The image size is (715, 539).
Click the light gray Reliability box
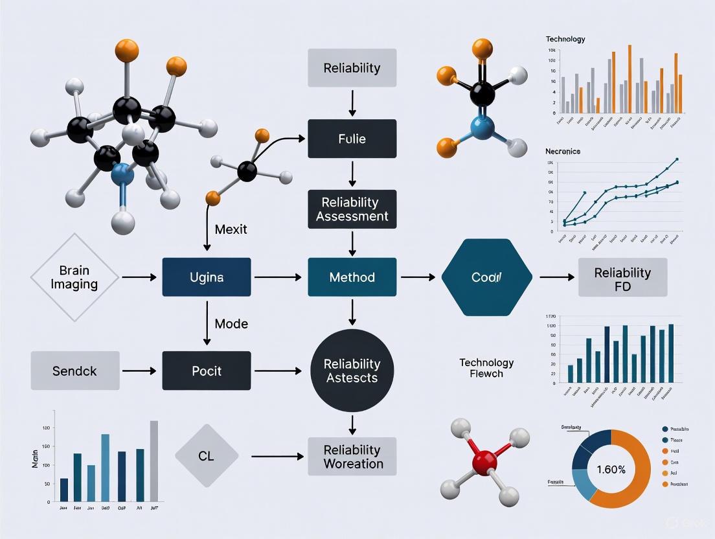tap(352, 68)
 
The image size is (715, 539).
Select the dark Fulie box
tap(352, 139)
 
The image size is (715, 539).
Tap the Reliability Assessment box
tap(352, 209)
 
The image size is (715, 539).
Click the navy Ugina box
tap(206, 277)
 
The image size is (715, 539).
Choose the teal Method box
tap(352, 277)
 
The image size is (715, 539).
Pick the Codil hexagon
tap(486, 277)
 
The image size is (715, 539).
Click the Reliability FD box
tap(622, 277)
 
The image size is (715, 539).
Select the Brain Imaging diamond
tap(74, 277)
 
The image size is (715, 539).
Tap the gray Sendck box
tap(75, 371)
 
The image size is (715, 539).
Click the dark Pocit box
tap(206, 371)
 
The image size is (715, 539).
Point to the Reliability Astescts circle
tap(352, 371)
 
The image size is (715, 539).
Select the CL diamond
tap(206, 456)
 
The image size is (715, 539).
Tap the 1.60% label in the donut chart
tap(611, 469)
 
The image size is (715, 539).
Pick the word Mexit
tap(231, 229)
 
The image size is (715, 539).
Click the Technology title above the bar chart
tap(565, 39)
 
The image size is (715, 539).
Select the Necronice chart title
tap(563, 151)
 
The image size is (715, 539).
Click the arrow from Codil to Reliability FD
tap(556, 277)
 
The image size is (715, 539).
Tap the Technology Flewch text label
tap(486, 368)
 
